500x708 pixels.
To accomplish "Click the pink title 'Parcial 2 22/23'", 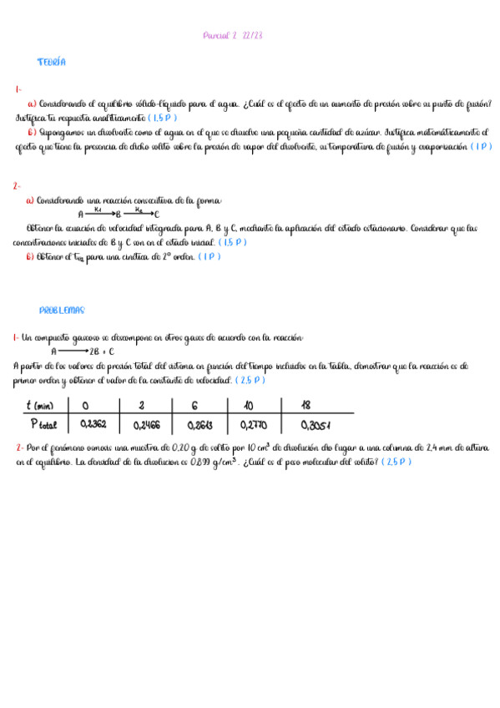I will click(234, 36).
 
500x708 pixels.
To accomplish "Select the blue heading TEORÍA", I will click(51, 63).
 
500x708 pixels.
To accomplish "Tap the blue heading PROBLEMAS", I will click(62, 311).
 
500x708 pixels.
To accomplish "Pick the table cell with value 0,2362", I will click(93, 423).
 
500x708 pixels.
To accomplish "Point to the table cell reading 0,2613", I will click(196, 423).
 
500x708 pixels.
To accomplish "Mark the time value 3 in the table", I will click(141, 406).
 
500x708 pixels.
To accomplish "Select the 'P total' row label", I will click(43, 423).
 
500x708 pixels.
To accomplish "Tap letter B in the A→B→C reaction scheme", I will click(118, 215).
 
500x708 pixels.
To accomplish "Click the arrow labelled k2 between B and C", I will click(139, 214).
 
